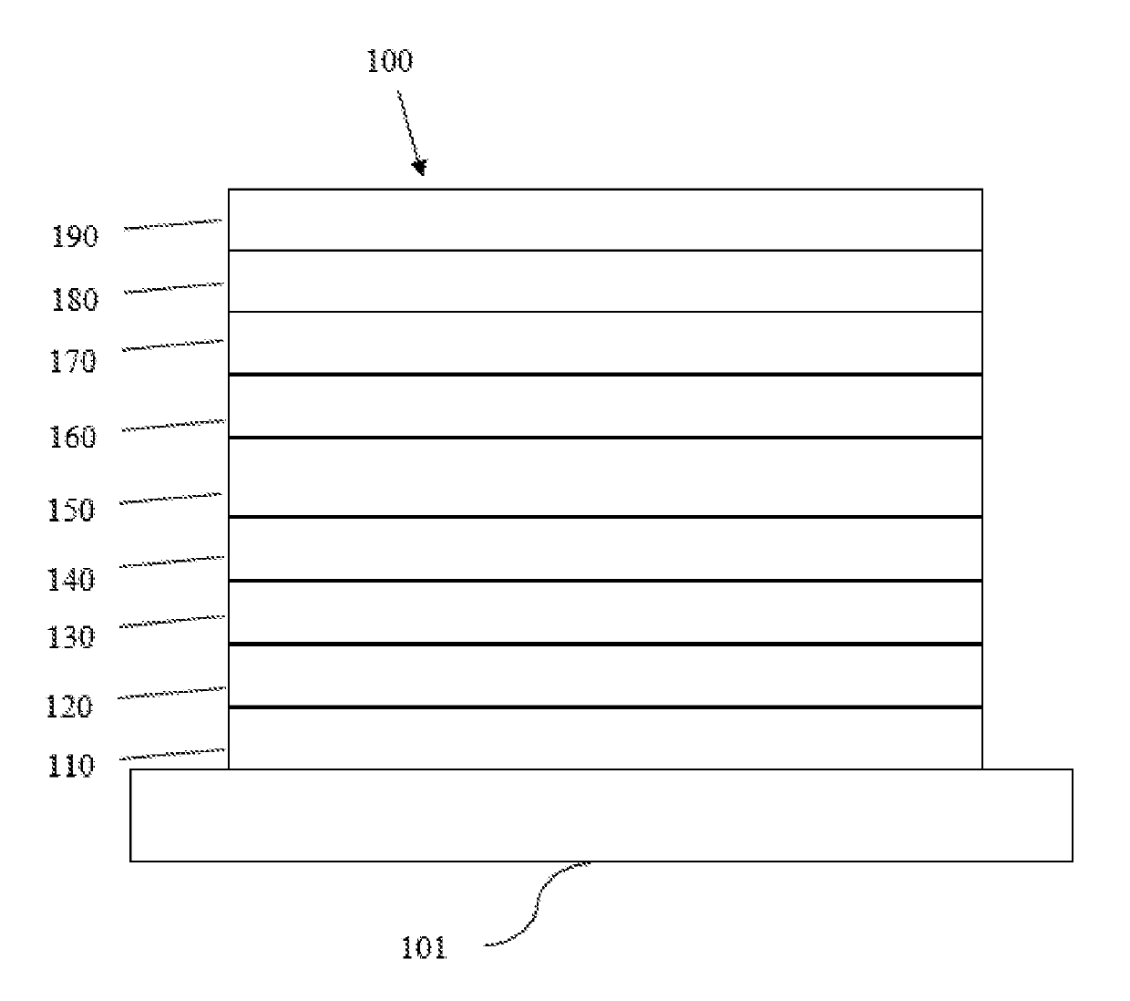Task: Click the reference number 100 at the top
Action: [x=389, y=61]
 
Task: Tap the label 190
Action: [x=74, y=237]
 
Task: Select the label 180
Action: [x=74, y=300]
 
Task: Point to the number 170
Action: [x=72, y=362]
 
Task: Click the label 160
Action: [x=72, y=438]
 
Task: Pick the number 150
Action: [x=71, y=510]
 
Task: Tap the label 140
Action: [x=71, y=579]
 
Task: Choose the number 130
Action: [x=71, y=637]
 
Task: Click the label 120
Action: [x=70, y=707]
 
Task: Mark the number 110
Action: [x=70, y=766]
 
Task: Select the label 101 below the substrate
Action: [x=425, y=948]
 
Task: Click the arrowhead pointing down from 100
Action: [x=419, y=166]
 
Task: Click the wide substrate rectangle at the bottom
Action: [x=601, y=815]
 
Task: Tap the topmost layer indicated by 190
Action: [x=605, y=220]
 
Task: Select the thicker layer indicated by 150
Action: [x=605, y=478]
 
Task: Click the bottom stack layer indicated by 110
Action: [x=605, y=738]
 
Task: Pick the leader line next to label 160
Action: [x=173, y=424]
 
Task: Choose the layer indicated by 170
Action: [x=605, y=343]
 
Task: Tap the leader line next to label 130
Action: [x=173, y=621]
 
